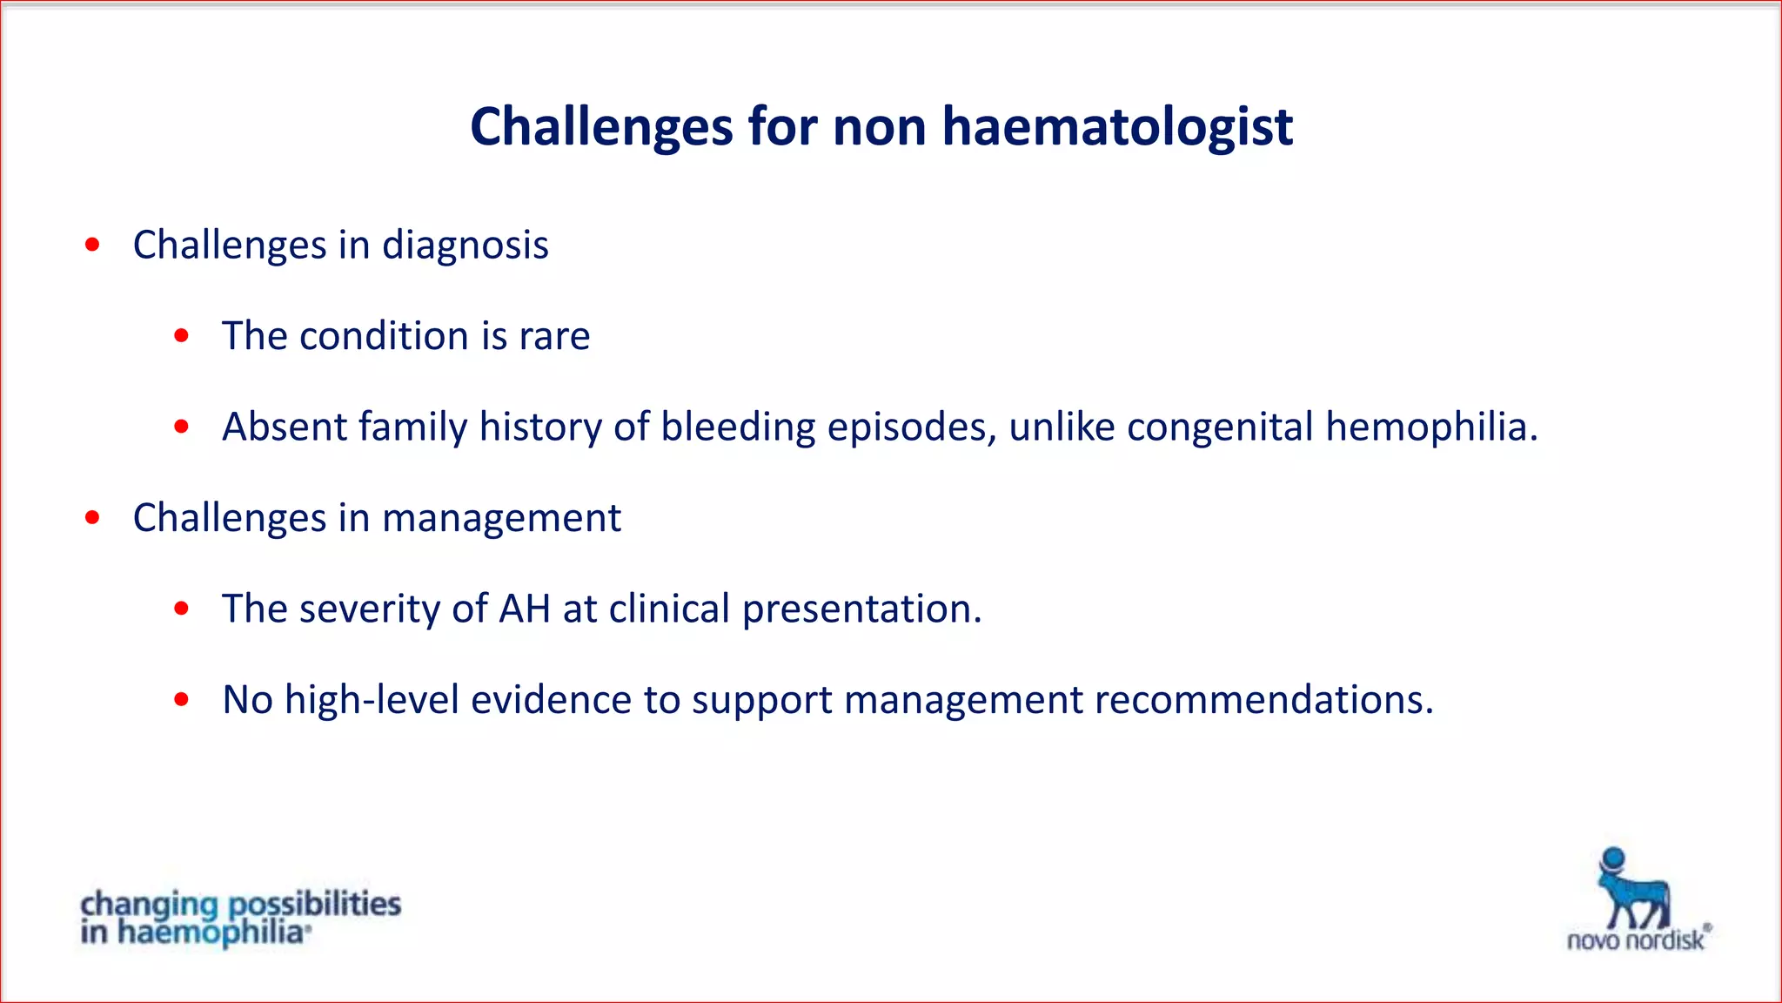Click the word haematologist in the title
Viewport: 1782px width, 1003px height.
coord(1117,127)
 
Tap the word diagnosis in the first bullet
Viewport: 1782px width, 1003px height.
coord(466,246)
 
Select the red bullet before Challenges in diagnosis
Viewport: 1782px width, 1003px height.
coord(92,245)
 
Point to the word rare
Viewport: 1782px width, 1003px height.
coord(554,337)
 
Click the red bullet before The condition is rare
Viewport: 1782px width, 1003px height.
coord(181,336)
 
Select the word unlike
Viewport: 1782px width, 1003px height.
coord(1062,427)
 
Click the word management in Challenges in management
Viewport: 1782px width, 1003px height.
coord(501,519)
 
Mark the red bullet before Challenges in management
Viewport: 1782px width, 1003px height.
coord(92,518)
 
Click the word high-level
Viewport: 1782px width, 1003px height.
coord(372,700)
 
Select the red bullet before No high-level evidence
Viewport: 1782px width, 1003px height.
coord(181,699)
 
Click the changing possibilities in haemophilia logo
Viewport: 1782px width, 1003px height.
coord(240,918)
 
